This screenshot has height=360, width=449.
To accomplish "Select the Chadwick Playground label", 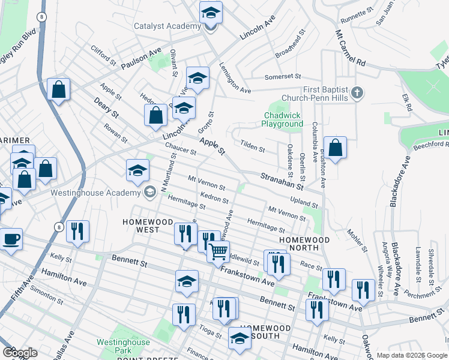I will [282, 119].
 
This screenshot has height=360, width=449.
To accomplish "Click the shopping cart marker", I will [218, 251].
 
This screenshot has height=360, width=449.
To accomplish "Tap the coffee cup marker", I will [11, 239].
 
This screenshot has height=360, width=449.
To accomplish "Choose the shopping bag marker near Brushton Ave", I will [336, 148].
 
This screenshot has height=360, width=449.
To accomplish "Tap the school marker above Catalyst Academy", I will [211, 11].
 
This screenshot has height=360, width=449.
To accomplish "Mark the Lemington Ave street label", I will [235, 78].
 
